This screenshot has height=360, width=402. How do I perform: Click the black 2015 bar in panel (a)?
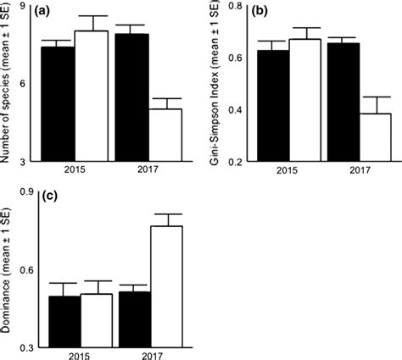pyautogui.click(x=58, y=103)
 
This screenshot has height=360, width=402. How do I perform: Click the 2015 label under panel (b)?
pyautogui.click(x=288, y=169)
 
